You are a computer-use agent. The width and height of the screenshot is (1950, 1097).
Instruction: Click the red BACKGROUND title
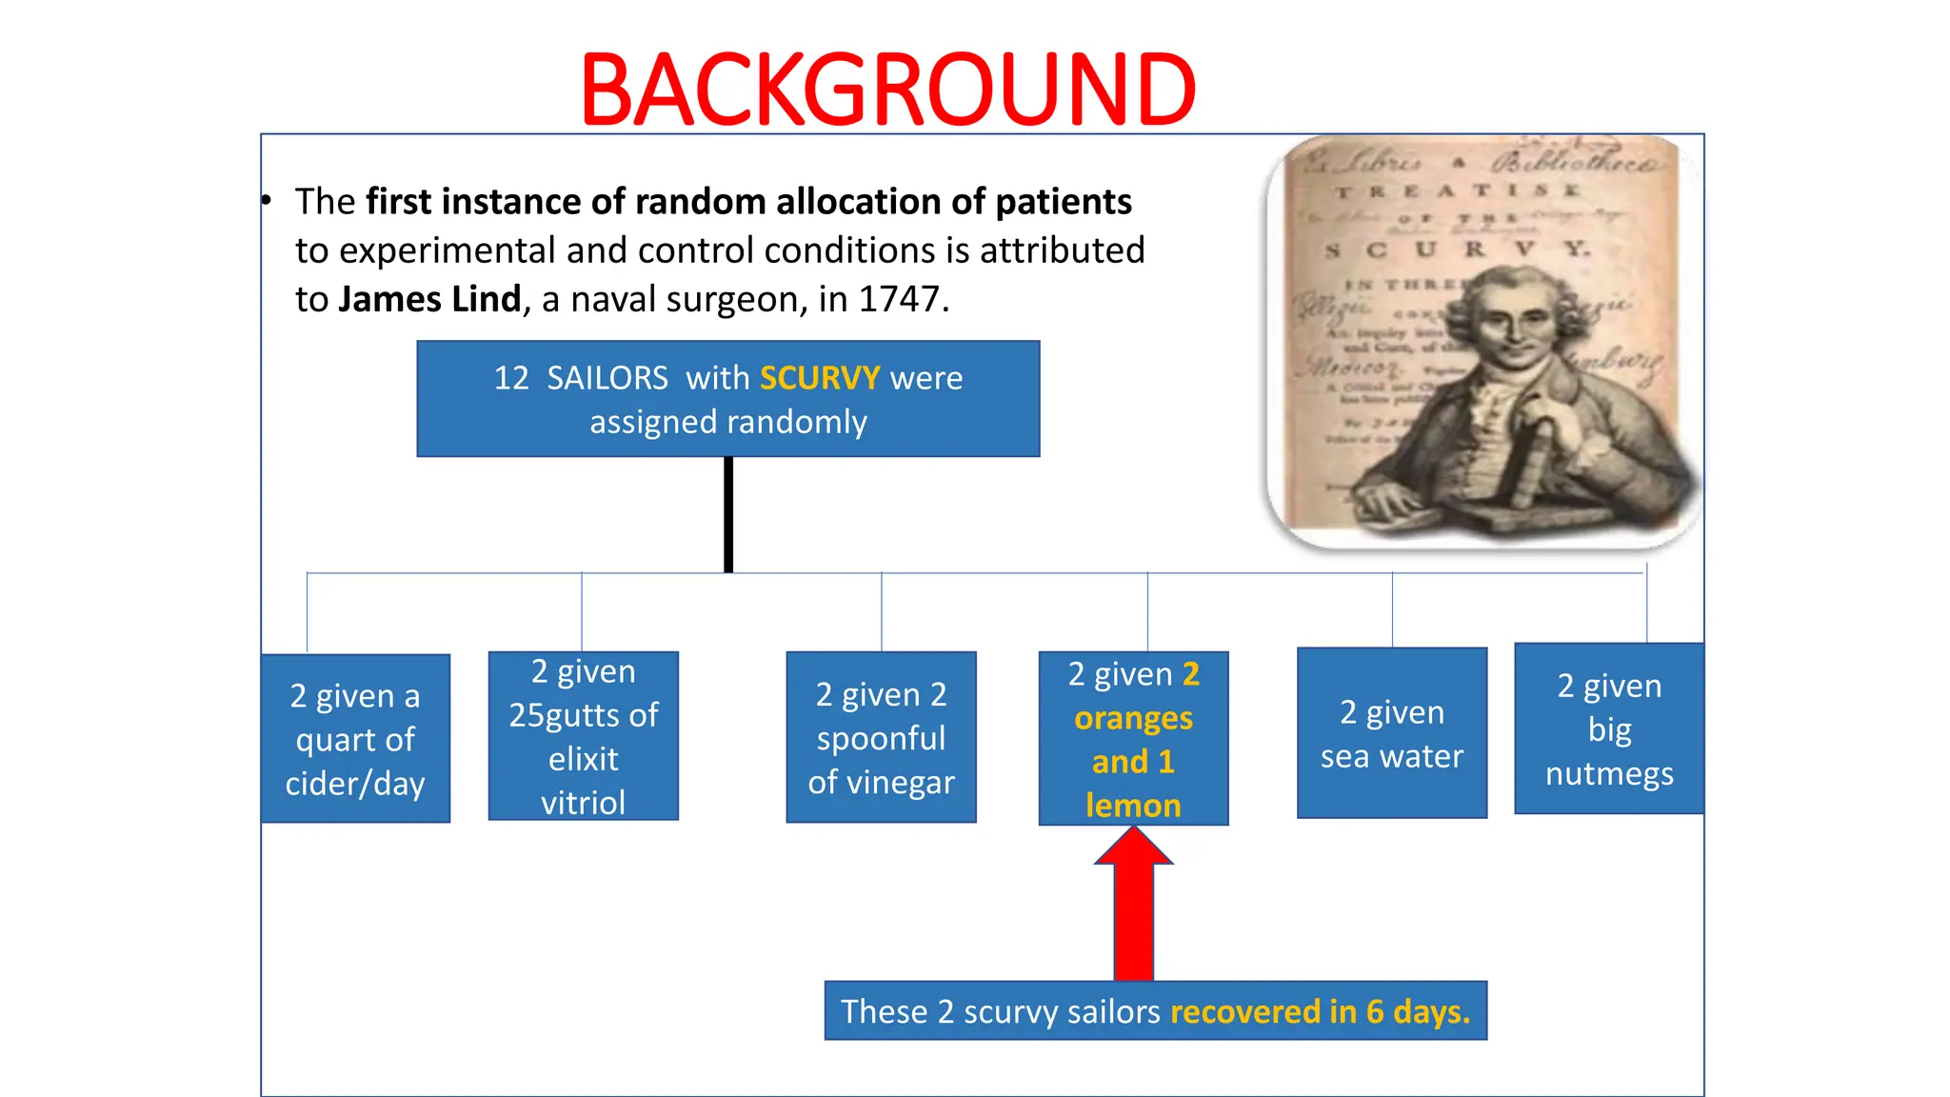pyautogui.click(x=887, y=90)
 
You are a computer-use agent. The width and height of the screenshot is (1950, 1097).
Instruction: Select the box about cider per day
pyautogui.click(x=355, y=739)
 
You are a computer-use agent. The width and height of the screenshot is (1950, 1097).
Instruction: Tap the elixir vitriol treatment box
pyautogui.click(x=583, y=736)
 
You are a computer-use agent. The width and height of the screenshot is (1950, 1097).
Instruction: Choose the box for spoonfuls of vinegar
pyautogui.click(x=881, y=737)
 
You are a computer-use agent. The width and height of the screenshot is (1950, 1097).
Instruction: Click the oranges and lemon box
pyautogui.click(x=1133, y=739)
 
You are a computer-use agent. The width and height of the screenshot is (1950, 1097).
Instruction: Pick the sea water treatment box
pyautogui.click(x=1391, y=733)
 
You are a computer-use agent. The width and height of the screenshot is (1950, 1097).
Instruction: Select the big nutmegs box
pyautogui.click(x=1609, y=728)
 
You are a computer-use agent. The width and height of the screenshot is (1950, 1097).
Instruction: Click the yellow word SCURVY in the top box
pyautogui.click(x=819, y=378)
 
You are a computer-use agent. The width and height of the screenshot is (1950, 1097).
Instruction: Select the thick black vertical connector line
pyautogui.click(x=728, y=514)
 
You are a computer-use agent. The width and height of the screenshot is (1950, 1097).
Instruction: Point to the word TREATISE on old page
pyautogui.click(x=1457, y=191)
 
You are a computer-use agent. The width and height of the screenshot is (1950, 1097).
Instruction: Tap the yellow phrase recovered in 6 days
pyautogui.click(x=1320, y=1011)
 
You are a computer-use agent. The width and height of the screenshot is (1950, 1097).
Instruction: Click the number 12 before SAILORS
pyautogui.click(x=511, y=378)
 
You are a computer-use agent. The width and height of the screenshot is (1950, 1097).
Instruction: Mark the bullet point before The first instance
pyautogui.click(x=268, y=201)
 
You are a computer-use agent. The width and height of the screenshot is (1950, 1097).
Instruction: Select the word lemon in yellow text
pyautogui.click(x=1133, y=806)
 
